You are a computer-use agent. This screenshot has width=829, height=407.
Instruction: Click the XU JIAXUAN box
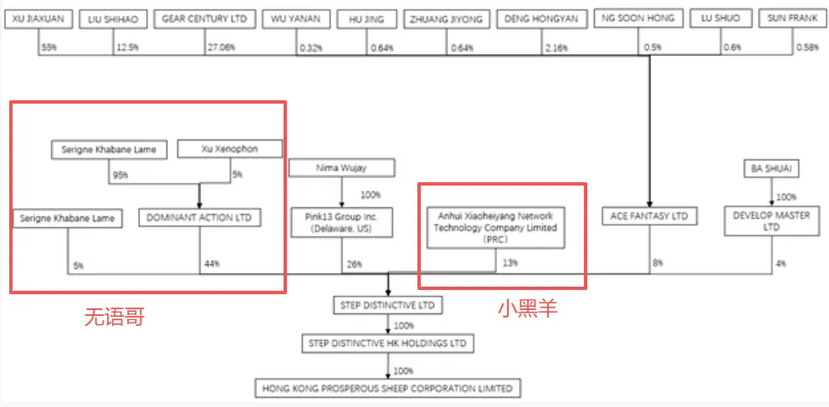(x=39, y=18)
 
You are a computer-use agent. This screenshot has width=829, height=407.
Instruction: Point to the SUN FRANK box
(x=791, y=18)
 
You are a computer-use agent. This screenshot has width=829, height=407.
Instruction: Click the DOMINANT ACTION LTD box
(x=199, y=217)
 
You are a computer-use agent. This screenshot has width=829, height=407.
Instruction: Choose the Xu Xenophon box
(x=229, y=150)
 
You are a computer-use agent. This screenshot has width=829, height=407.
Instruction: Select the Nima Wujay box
(x=341, y=169)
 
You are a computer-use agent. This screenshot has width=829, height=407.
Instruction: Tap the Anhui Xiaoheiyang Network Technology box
(x=495, y=227)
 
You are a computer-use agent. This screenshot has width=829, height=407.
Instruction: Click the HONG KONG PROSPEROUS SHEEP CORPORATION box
(x=387, y=388)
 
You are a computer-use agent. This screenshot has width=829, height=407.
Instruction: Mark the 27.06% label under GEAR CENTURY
(x=221, y=48)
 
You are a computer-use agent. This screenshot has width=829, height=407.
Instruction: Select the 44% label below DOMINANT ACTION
(x=211, y=266)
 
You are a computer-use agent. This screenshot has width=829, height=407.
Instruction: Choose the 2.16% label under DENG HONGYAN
(x=555, y=48)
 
